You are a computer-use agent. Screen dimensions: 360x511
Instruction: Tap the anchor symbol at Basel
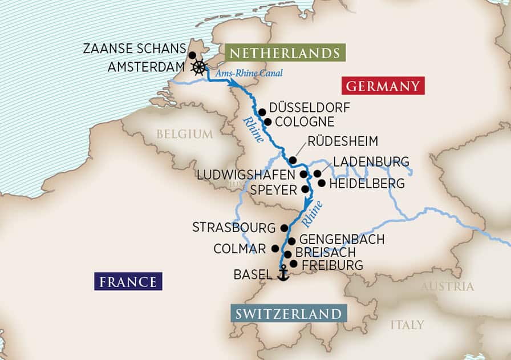[282, 274]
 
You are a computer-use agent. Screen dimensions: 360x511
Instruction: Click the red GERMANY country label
[383, 86]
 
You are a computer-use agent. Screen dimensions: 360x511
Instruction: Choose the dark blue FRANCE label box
[128, 281]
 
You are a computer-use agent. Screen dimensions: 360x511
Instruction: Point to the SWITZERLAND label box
[289, 314]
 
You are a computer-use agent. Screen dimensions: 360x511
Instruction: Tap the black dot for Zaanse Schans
[192, 55]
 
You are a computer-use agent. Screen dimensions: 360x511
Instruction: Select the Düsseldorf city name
[310, 107]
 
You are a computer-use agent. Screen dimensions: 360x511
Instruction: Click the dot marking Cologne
[267, 122]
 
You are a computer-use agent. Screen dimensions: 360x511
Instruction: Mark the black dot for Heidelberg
[322, 184]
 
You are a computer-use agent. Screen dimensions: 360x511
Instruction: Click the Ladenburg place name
[371, 161]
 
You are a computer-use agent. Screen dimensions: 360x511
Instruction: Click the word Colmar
[240, 249]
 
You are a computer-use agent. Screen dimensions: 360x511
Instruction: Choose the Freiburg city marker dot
[293, 264]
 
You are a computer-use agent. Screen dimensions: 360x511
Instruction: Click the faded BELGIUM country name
[184, 134]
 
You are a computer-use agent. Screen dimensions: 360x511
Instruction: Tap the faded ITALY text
[407, 325]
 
